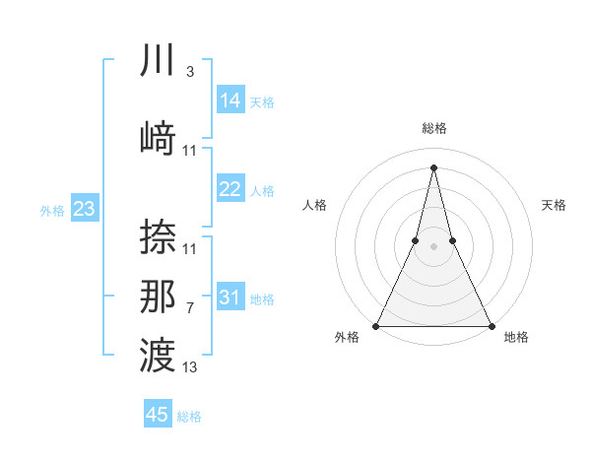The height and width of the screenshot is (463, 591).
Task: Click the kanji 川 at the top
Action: click(x=159, y=62)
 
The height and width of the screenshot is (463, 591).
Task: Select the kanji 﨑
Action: click(x=159, y=137)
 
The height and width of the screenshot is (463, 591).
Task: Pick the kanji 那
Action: click(x=159, y=297)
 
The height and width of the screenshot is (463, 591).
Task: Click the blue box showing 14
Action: click(x=230, y=100)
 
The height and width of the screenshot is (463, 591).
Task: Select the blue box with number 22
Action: click(x=230, y=189)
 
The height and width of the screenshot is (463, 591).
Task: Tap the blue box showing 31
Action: click(x=230, y=298)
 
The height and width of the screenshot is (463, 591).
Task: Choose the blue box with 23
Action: click(x=84, y=209)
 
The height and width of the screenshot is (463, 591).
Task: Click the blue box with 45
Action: click(x=158, y=415)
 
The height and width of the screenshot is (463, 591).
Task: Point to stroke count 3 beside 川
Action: click(x=189, y=72)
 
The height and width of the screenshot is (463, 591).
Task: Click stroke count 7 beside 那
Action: click(x=189, y=308)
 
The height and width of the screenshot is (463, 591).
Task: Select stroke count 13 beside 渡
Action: click(x=190, y=367)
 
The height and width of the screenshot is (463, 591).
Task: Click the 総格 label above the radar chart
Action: click(x=433, y=128)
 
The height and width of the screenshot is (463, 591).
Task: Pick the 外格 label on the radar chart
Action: click(x=347, y=338)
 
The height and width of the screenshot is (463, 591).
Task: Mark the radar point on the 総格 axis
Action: click(x=433, y=166)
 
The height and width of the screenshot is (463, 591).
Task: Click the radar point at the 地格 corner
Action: click(x=491, y=325)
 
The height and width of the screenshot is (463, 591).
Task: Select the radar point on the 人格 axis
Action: click(x=415, y=240)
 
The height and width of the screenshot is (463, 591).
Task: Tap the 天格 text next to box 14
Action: click(x=262, y=102)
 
